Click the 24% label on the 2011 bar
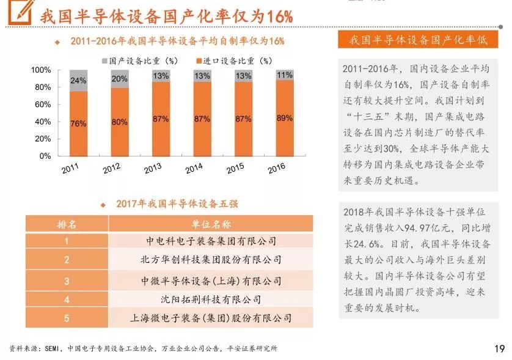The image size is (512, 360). [78, 81]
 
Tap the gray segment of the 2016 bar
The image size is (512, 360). [285, 75]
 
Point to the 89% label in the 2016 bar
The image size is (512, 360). [285, 119]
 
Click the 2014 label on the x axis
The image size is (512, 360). [194, 168]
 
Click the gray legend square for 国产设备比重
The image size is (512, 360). [104, 61]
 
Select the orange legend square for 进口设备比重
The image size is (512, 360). [199, 61]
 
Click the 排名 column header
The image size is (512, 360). [67, 224]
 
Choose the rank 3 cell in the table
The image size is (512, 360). [67, 281]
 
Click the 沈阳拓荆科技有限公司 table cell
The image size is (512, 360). [211, 299]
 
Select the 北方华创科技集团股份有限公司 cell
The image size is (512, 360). [211, 260]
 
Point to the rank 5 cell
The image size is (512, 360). [67, 318]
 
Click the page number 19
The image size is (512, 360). [499, 349]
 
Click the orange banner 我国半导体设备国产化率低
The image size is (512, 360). [419, 40]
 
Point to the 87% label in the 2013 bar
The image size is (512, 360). [161, 119]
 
